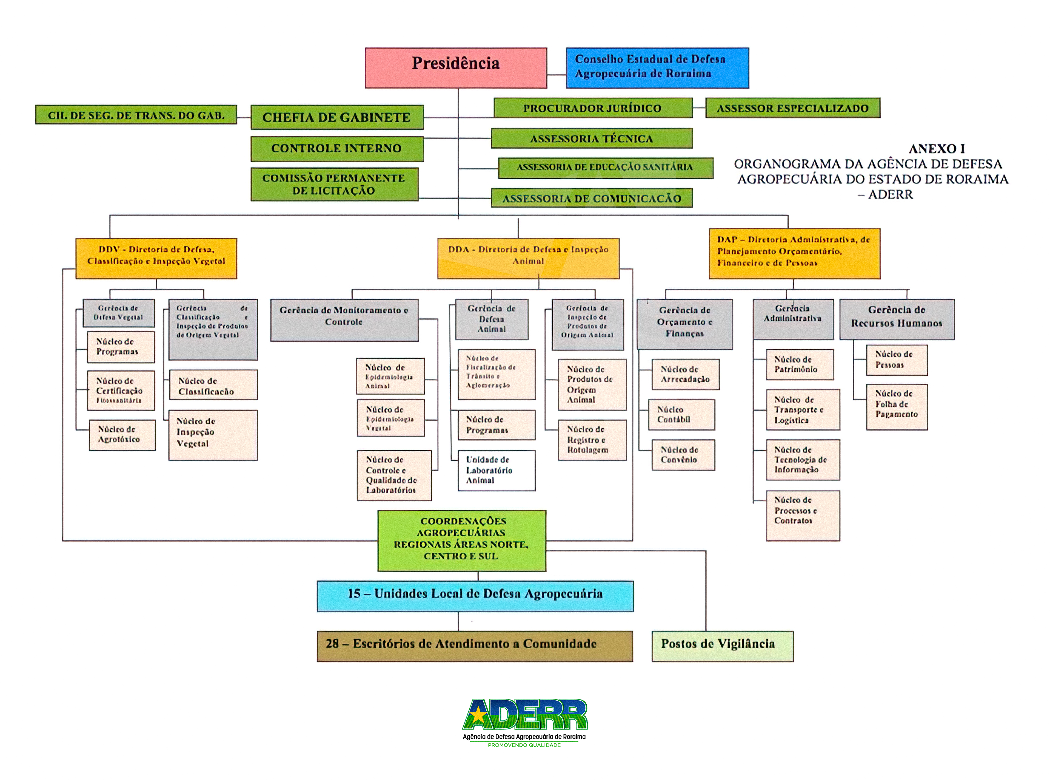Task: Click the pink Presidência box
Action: pyautogui.click(x=456, y=68)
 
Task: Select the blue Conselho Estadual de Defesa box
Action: pyautogui.click(x=657, y=68)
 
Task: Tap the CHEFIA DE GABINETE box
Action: pyautogui.click(x=337, y=117)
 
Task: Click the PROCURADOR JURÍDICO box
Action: pyautogui.click(x=593, y=108)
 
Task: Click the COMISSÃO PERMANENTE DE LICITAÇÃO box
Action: pyautogui.click(x=334, y=184)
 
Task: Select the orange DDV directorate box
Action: pyautogui.click(x=156, y=258)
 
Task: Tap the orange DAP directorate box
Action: pyautogui.click(x=794, y=253)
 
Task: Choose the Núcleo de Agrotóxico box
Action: pyautogui.click(x=122, y=435)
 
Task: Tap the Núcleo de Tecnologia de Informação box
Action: pyautogui.click(x=803, y=460)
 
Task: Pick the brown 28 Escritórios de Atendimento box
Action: pyautogui.click(x=474, y=646)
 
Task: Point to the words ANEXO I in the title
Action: pyautogui.click(x=936, y=149)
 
